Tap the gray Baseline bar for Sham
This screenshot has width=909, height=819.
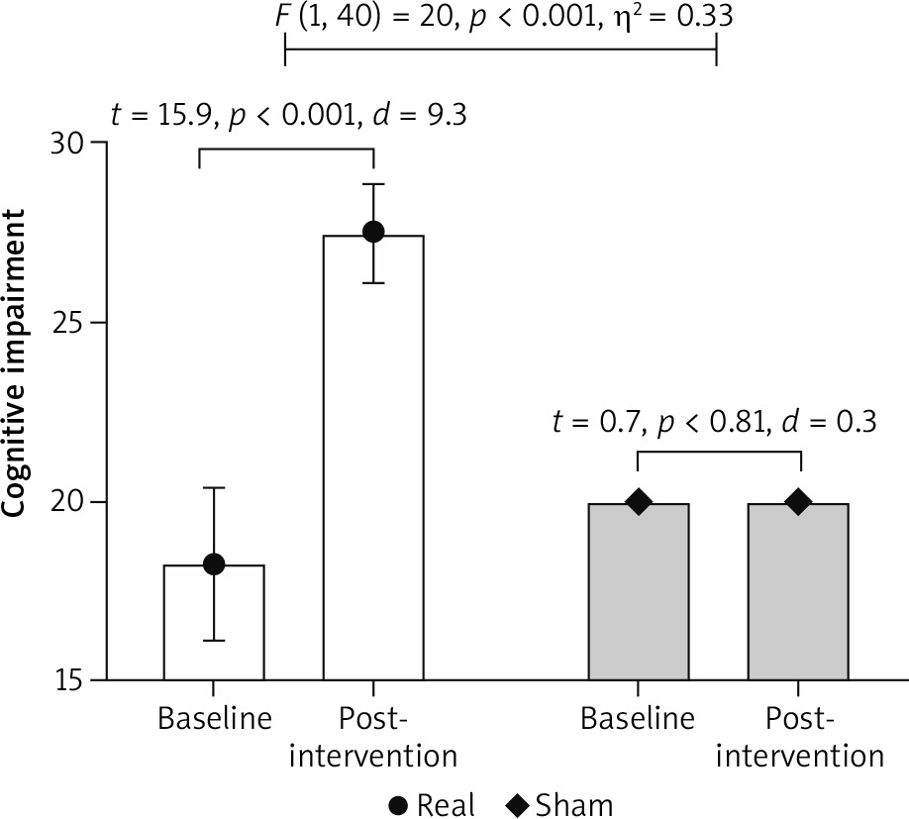[x=639, y=594]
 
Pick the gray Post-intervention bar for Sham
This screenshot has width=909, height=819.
[x=798, y=594]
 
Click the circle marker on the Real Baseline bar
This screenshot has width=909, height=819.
[x=214, y=563]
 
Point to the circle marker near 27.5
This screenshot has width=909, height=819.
[x=373, y=232]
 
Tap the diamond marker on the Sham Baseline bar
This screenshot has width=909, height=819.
[x=639, y=502]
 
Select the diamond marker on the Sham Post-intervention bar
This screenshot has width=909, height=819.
[x=798, y=502]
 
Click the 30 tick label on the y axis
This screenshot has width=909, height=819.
[x=71, y=143]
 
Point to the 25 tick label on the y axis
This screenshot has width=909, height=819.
[x=71, y=323]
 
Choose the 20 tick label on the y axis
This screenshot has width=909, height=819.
[x=71, y=502]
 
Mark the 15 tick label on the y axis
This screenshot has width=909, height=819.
[x=71, y=681]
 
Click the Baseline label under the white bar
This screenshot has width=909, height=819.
[x=214, y=719]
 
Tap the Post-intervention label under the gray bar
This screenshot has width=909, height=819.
[x=798, y=737]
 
